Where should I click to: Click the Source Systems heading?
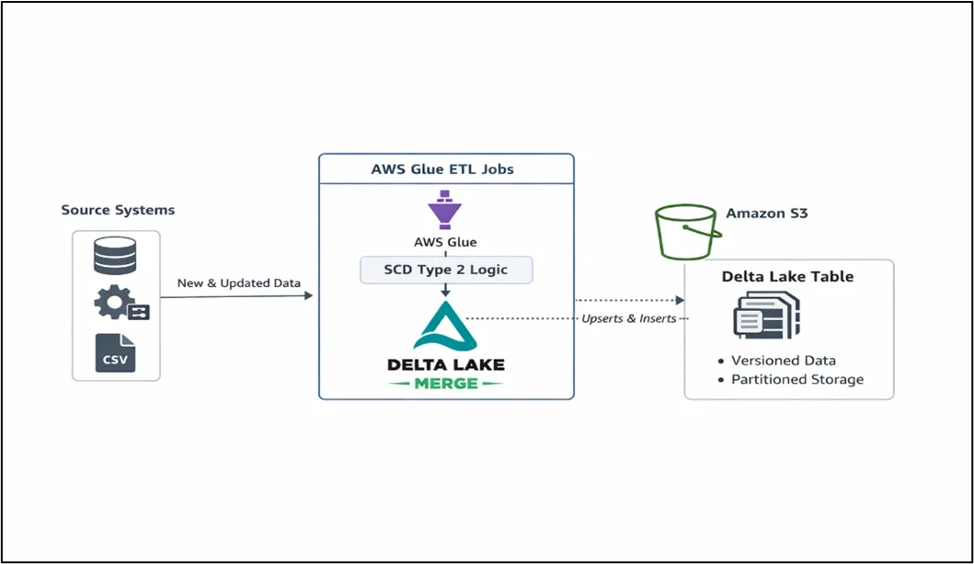click(118, 210)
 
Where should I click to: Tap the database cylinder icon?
click(115, 256)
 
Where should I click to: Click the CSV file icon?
click(115, 353)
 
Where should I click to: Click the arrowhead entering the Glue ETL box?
click(308, 296)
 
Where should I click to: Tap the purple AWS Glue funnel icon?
click(445, 210)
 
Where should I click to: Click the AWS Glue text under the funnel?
click(445, 243)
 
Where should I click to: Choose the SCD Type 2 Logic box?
click(446, 270)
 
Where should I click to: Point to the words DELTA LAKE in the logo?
click(445, 364)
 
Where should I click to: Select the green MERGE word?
click(445, 383)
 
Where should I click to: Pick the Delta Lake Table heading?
click(787, 276)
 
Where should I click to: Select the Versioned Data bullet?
click(783, 361)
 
